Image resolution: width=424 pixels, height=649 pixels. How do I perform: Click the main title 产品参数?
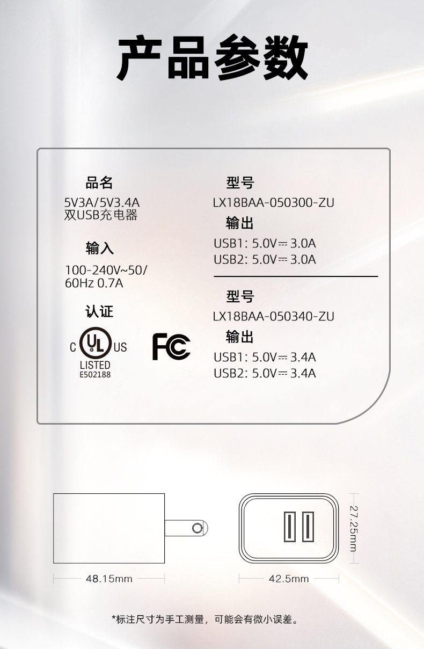click(213, 57)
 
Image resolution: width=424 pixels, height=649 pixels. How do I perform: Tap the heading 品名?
click(99, 183)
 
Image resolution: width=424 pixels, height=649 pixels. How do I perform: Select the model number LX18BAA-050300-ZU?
click(273, 202)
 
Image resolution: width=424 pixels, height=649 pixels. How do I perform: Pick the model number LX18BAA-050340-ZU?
click(273, 316)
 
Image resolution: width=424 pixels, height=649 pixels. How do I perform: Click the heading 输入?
click(99, 249)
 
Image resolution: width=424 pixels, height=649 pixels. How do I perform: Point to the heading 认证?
click(99, 312)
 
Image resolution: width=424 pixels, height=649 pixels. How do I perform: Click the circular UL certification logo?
click(96, 343)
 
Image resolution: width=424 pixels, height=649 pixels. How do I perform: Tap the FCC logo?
click(171, 347)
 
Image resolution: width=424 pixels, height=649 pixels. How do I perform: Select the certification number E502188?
click(95, 375)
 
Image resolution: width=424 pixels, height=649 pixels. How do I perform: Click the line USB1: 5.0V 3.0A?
click(265, 243)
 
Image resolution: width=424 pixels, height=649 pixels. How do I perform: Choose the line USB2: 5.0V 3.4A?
click(265, 373)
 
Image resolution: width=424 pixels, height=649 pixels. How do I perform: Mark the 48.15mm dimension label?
click(109, 579)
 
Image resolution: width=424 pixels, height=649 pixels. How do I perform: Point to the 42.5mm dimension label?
click(289, 579)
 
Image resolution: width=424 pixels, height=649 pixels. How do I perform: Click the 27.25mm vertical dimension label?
click(354, 528)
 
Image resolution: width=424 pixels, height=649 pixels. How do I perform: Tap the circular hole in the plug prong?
click(197, 528)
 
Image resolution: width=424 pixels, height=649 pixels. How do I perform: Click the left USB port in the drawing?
click(290, 527)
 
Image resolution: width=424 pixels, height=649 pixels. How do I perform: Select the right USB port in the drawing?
click(308, 527)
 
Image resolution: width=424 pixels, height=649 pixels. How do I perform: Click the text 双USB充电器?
click(101, 215)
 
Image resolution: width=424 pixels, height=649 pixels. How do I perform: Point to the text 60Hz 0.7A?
click(94, 283)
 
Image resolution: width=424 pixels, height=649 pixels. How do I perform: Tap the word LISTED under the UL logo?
click(95, 365)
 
